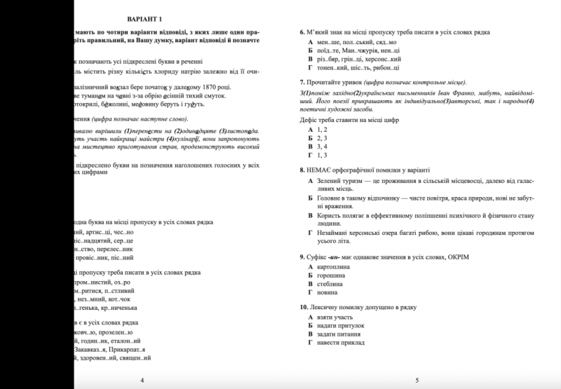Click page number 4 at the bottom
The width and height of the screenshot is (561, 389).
pos(142,379)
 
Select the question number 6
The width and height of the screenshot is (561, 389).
pos(302,32)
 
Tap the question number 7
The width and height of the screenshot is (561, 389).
pos(302,82)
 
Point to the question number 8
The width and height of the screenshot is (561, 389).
pos(302,170)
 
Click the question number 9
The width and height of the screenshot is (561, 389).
pos(302,257)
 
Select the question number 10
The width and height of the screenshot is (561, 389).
pos(303,308)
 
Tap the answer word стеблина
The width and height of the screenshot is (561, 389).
pos(331,285)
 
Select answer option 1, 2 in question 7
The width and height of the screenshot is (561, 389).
pos(323,130)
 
